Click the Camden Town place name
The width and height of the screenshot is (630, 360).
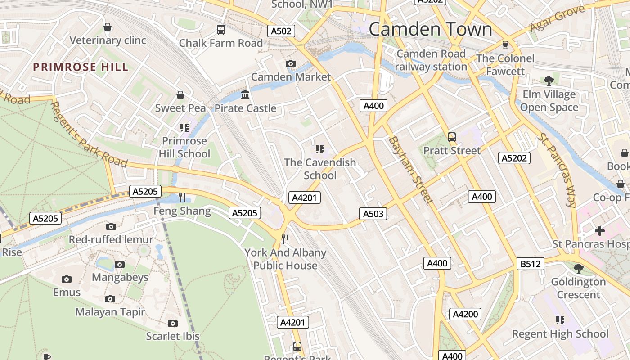click(431, 29)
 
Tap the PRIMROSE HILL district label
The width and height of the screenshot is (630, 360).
click(81, 67)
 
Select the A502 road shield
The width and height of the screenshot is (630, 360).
click(282, 31)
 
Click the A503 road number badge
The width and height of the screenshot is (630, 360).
click(373, 214)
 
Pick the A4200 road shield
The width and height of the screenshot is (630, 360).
click(465, 314)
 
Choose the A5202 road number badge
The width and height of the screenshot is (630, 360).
click(515, 158)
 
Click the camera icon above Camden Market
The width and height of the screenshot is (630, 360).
click(291, 64)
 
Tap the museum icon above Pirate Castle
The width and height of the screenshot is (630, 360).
click(245, 95)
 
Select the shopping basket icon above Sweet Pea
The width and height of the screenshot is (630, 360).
click(180, 95)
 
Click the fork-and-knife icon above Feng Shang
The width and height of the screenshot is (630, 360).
click(182, 197)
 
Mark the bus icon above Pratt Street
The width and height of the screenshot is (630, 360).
click(452, 137)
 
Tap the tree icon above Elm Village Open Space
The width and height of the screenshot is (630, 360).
click(549, 81)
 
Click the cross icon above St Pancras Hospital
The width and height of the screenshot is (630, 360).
click(599, 231)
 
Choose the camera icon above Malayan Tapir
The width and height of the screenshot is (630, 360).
click(110, 299)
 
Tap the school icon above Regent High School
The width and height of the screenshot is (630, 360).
click(560, 320)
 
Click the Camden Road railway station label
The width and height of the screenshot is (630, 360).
click(431, 60)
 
